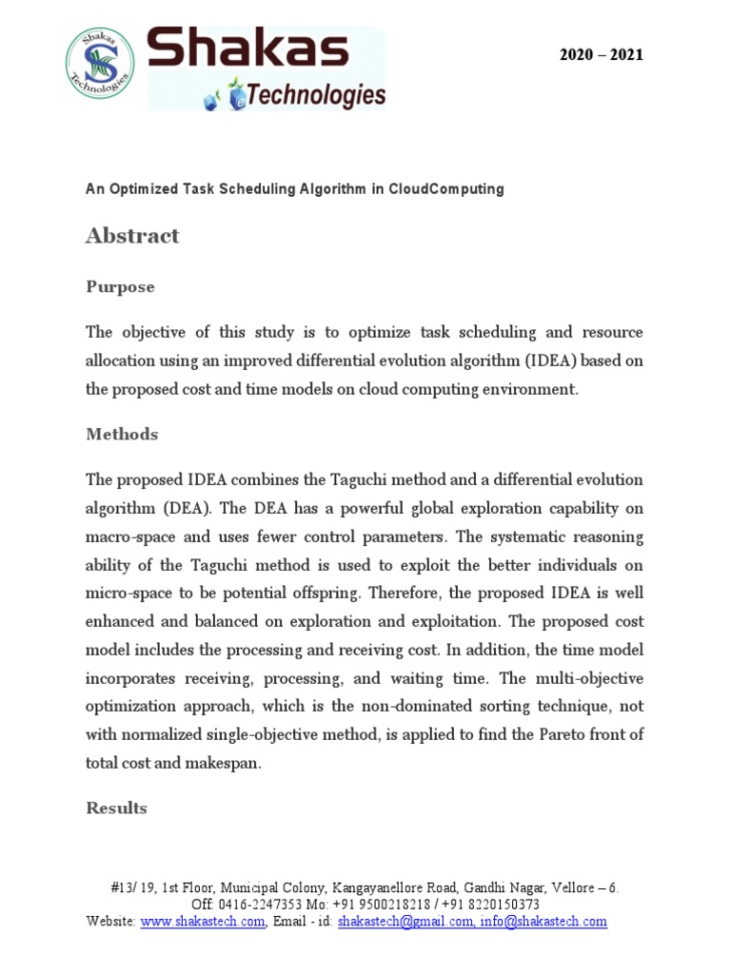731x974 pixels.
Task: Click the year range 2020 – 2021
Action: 601,55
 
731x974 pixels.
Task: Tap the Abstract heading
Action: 132,236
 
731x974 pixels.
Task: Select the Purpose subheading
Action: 120,286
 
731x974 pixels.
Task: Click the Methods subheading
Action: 122,434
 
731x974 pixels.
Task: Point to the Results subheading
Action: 117,808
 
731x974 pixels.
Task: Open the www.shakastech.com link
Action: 203,921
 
